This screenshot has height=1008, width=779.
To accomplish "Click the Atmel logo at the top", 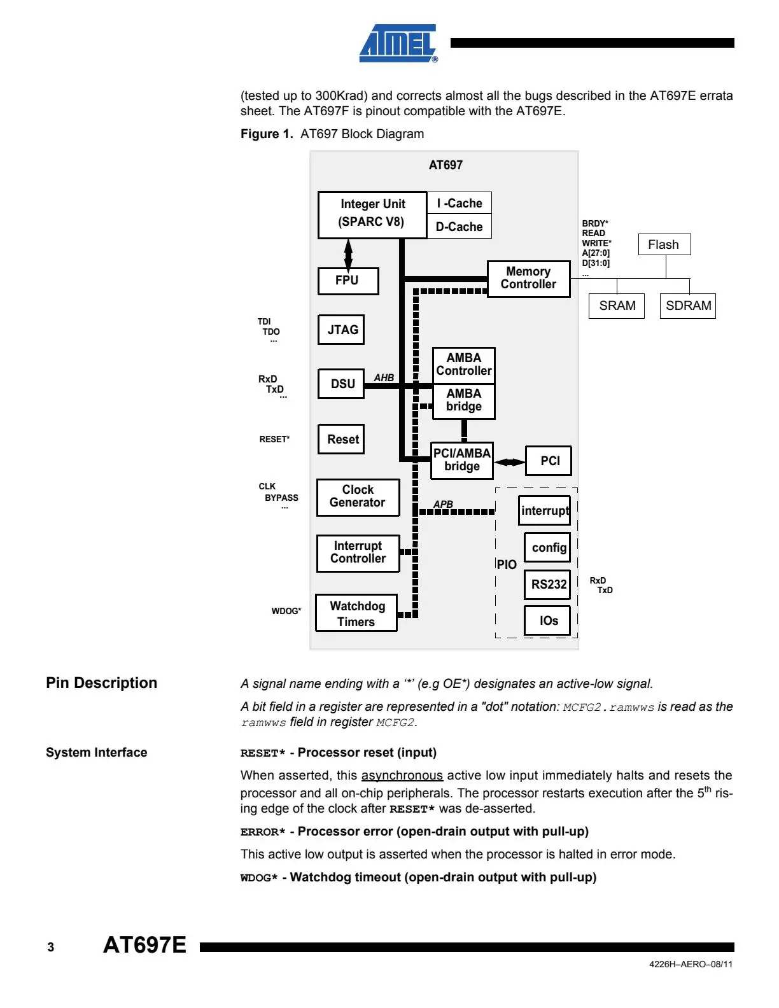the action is coord(398,43).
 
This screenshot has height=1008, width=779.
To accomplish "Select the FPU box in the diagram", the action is coord(348,281).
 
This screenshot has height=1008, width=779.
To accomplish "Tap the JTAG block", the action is coord(341,330).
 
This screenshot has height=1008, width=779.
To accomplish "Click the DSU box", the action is coord(341,384).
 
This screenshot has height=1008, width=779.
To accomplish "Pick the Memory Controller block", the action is coord(528,278).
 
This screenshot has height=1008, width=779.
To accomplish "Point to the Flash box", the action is coord(664,244).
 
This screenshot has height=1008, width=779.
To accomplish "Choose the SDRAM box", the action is coord(687,305).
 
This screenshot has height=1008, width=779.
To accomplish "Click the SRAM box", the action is coord(617,305).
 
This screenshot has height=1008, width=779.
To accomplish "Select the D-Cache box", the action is coord(459,227).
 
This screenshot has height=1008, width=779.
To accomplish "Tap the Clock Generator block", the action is coord(358,497).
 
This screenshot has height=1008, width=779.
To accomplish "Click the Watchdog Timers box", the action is coord(356,613).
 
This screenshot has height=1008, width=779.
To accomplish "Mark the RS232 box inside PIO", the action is coord(547,584).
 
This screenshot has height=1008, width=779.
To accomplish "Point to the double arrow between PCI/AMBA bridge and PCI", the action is coord(509,462).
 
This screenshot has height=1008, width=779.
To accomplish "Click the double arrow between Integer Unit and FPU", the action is coord(348,253).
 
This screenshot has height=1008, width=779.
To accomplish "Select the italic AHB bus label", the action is coord(384,377).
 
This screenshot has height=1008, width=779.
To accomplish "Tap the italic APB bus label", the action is coord(443,504).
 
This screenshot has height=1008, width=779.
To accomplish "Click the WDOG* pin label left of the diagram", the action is coord(286,611).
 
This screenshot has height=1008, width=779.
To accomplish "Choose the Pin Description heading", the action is coord(102,683).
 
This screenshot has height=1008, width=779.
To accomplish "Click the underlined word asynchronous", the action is coord(402,775).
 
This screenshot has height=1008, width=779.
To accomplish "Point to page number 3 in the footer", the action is coord(50,947).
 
